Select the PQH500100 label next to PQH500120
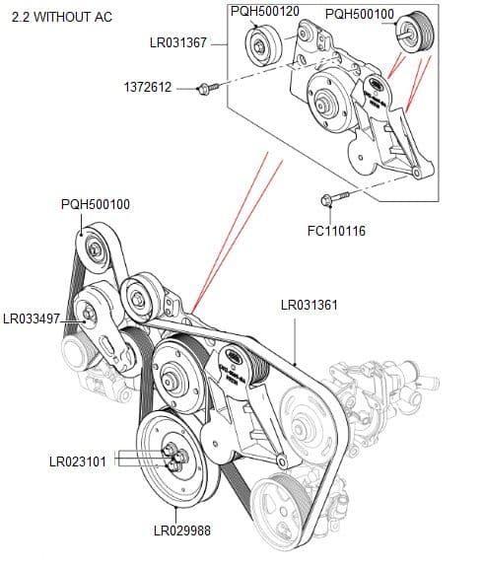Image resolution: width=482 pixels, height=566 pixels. [359, 14]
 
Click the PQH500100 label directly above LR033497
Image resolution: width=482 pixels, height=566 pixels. [95, 204]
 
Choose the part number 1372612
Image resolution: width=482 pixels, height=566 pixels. [148, 88]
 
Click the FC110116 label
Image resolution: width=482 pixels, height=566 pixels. [337, 231]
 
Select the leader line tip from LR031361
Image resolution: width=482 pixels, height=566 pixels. [298, 364]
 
